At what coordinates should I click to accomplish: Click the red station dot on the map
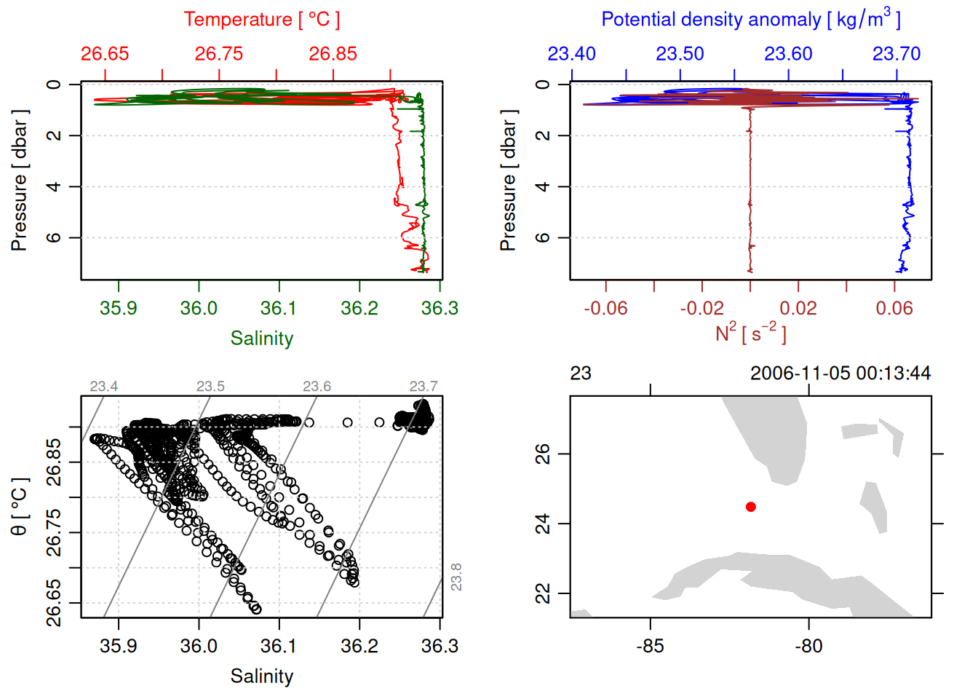pos(751,507)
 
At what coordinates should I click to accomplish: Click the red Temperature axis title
pos(261,20)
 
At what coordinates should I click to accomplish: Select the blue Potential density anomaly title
pos(750,20)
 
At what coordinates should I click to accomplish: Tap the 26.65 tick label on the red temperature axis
pos(105,54)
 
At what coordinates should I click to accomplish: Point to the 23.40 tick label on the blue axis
pos(571,54)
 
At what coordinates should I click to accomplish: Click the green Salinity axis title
pos(261,339)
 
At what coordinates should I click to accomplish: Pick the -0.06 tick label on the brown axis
pos(605,308)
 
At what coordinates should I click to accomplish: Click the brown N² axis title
pos(750,333)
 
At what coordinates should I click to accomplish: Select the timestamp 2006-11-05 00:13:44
pos(840,374)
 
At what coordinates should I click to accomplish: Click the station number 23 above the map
pos(581,374)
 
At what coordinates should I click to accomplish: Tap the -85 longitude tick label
pos(650,646)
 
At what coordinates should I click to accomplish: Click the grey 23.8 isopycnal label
pos(456,577)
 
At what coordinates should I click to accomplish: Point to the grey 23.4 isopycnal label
pos(104,387)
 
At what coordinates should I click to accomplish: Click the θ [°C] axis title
pos(20,507)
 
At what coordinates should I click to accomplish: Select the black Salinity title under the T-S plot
pos(261,676)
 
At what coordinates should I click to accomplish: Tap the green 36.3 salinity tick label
pos(440,308)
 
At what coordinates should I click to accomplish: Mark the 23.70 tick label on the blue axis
pos(896,54)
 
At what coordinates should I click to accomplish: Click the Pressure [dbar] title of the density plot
pos(508,181)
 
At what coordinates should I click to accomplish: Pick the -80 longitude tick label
pos(808,646)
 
